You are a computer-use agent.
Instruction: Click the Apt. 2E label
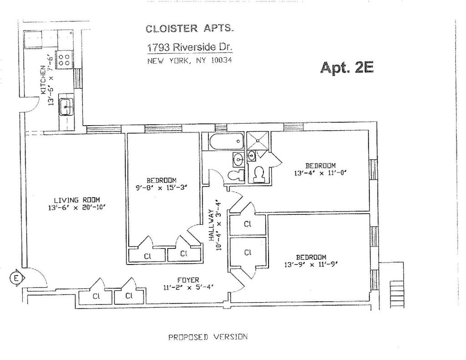[347, 67]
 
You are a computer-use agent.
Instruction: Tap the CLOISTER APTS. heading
[190, 29]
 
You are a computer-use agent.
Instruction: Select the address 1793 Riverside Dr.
[189, 47]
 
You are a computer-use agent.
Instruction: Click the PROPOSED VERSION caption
[208, 337]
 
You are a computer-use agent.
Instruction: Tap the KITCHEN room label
[43, 79]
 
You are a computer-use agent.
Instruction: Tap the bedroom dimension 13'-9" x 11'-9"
[311, 264]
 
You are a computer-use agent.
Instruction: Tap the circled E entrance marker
[15, 277]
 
